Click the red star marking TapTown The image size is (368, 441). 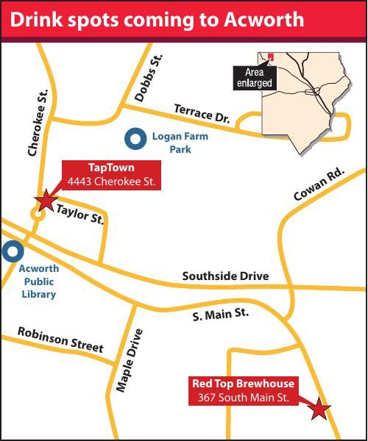[46, 200]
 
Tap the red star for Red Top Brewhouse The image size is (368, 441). [319, 409]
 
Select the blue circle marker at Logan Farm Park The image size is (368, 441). [135, 137]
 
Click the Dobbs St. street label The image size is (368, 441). [147, 78]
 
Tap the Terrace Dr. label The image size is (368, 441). [202, 112]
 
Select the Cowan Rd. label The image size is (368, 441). [318, 184]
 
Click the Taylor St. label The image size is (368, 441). [79, 214]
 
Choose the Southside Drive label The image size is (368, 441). [225, 276]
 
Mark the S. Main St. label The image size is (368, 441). [221, 315]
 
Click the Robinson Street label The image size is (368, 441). [60, 339]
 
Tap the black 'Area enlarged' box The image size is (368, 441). [253, 77]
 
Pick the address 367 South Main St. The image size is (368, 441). [243, 398]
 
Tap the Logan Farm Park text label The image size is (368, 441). [180, 143]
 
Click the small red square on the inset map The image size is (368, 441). [270, 56]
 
